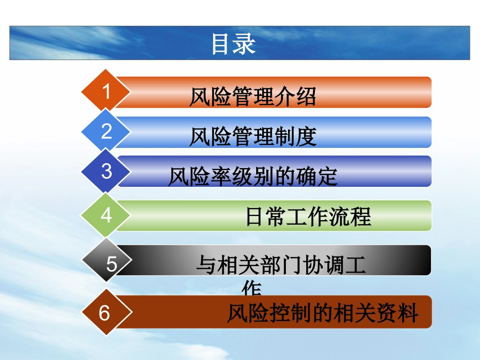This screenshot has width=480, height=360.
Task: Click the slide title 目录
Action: pos(233,44)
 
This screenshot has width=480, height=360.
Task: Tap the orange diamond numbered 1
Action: pos(106,92)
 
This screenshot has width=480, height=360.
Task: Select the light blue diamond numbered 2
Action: pos(106,131)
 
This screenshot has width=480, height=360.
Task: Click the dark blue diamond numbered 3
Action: pos(106,171)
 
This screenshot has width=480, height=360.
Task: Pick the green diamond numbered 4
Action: pos(106,216)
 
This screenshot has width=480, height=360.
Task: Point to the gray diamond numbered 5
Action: pos(111,264)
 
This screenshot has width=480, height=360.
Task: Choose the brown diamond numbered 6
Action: pos(105,313)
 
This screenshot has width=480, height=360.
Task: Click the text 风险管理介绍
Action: pos(253,97)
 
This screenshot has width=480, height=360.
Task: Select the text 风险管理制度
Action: pos(253,136)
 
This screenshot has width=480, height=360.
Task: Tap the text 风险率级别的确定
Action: pos(253,177)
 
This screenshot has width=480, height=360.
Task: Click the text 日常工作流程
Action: pos(308,217)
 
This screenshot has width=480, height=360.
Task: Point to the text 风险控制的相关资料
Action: pos(322,314)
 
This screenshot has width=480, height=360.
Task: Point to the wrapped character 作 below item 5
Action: pos(252,290)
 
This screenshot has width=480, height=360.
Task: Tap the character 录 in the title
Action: pos(245,44)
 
